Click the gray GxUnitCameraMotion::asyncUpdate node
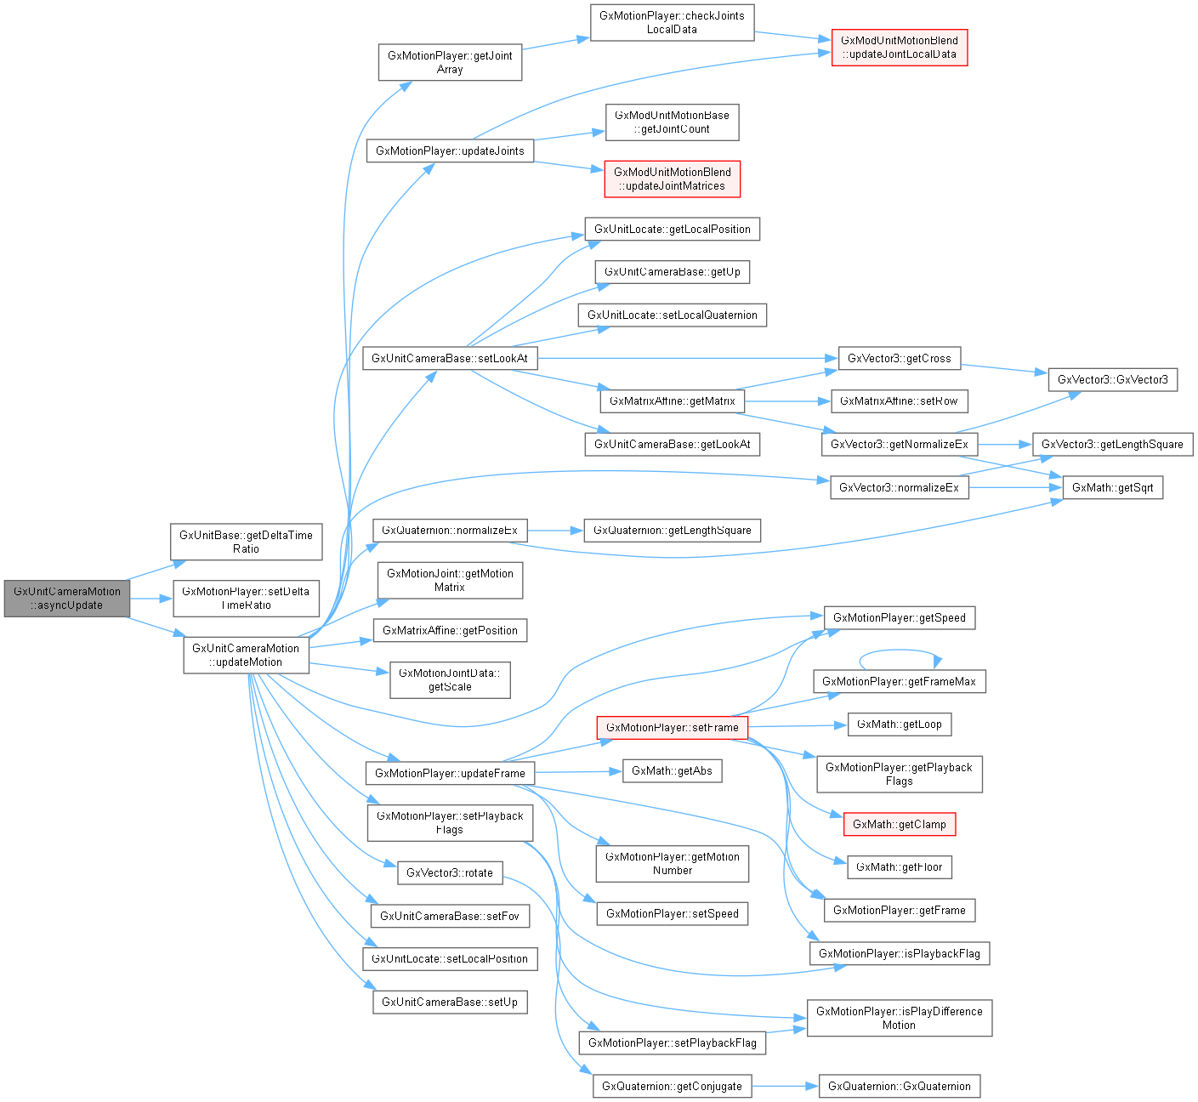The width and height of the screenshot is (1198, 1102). (66, 598)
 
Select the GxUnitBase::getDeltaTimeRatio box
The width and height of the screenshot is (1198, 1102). (246, 542)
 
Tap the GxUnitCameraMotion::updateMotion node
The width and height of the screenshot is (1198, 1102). (246, 655)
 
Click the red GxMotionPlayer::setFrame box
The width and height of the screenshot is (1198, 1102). (672, 728)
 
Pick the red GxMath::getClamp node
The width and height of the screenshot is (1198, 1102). (899, 824)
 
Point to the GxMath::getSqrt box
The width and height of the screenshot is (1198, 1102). (1112, 487)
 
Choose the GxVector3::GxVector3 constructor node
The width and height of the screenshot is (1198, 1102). (1112, 379)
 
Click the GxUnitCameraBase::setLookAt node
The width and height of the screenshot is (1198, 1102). (450, 358)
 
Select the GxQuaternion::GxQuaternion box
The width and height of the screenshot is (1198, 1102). (899, 1086)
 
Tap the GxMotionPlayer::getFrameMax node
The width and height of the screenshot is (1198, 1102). (899, 681)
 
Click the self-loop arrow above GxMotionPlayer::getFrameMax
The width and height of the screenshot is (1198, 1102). (899, 651)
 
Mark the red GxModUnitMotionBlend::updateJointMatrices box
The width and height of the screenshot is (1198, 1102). (672, 179)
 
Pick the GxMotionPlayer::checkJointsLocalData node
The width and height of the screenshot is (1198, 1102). (672, 22)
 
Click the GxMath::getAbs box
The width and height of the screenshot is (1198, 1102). (672, 771)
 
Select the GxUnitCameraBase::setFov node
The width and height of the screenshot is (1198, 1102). (450, 916)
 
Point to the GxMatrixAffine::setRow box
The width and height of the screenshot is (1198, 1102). (899, 400)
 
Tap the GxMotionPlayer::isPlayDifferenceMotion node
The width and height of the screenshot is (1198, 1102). (899, 1018)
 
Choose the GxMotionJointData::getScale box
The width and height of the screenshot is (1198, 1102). (450, 679)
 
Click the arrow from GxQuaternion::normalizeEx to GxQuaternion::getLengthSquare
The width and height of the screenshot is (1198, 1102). (555, 531)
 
